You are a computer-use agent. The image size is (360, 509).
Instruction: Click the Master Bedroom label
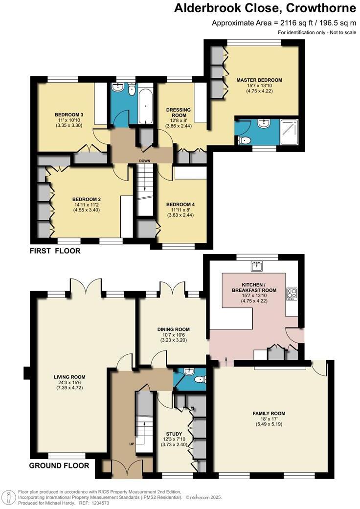tap(259, 80)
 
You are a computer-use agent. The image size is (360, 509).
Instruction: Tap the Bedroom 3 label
tap(69, 115)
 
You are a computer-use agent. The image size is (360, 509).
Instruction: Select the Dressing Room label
tap(179, 113)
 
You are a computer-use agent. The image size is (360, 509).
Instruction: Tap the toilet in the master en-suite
tap(245, 140)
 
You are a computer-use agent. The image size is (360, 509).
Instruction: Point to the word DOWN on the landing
tap(145, 161)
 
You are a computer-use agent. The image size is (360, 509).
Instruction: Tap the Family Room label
tap(269, 413)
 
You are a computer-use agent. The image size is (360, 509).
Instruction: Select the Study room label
tap(174, 434)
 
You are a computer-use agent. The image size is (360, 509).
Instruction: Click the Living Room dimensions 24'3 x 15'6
tap(69, 382)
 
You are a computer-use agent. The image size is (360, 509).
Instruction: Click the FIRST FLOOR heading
tap(55, 251)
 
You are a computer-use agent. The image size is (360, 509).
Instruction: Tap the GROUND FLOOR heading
tap(59, 465)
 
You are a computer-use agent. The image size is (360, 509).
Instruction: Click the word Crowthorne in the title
tap(321, 8)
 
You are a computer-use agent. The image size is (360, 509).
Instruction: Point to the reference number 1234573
tap(100, 503)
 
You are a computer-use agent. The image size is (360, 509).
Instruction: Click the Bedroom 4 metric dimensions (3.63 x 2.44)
tap(180, 215)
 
